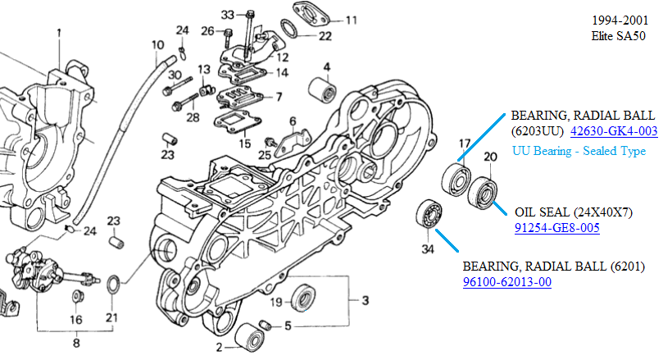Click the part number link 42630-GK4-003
614,130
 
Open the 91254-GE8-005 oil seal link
557,227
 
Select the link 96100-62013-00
506,282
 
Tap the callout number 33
228,15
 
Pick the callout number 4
325,66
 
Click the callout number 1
59,33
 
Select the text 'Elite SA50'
618,36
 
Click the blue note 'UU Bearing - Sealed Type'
579,151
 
